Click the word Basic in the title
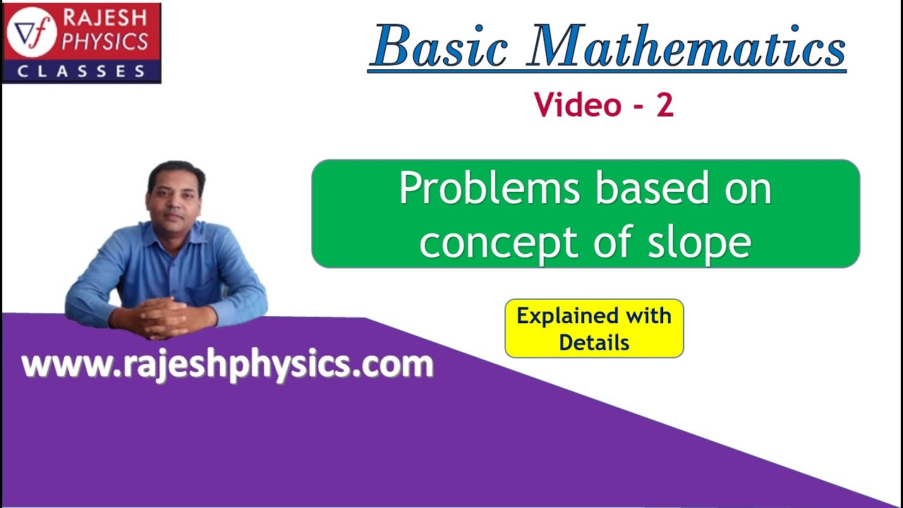[440, 47]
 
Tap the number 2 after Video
[665, 105]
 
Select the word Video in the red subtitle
[577, 105]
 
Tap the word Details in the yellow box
[594, 343]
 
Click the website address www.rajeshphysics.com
[227, 365]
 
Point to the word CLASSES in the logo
[81, 71]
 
